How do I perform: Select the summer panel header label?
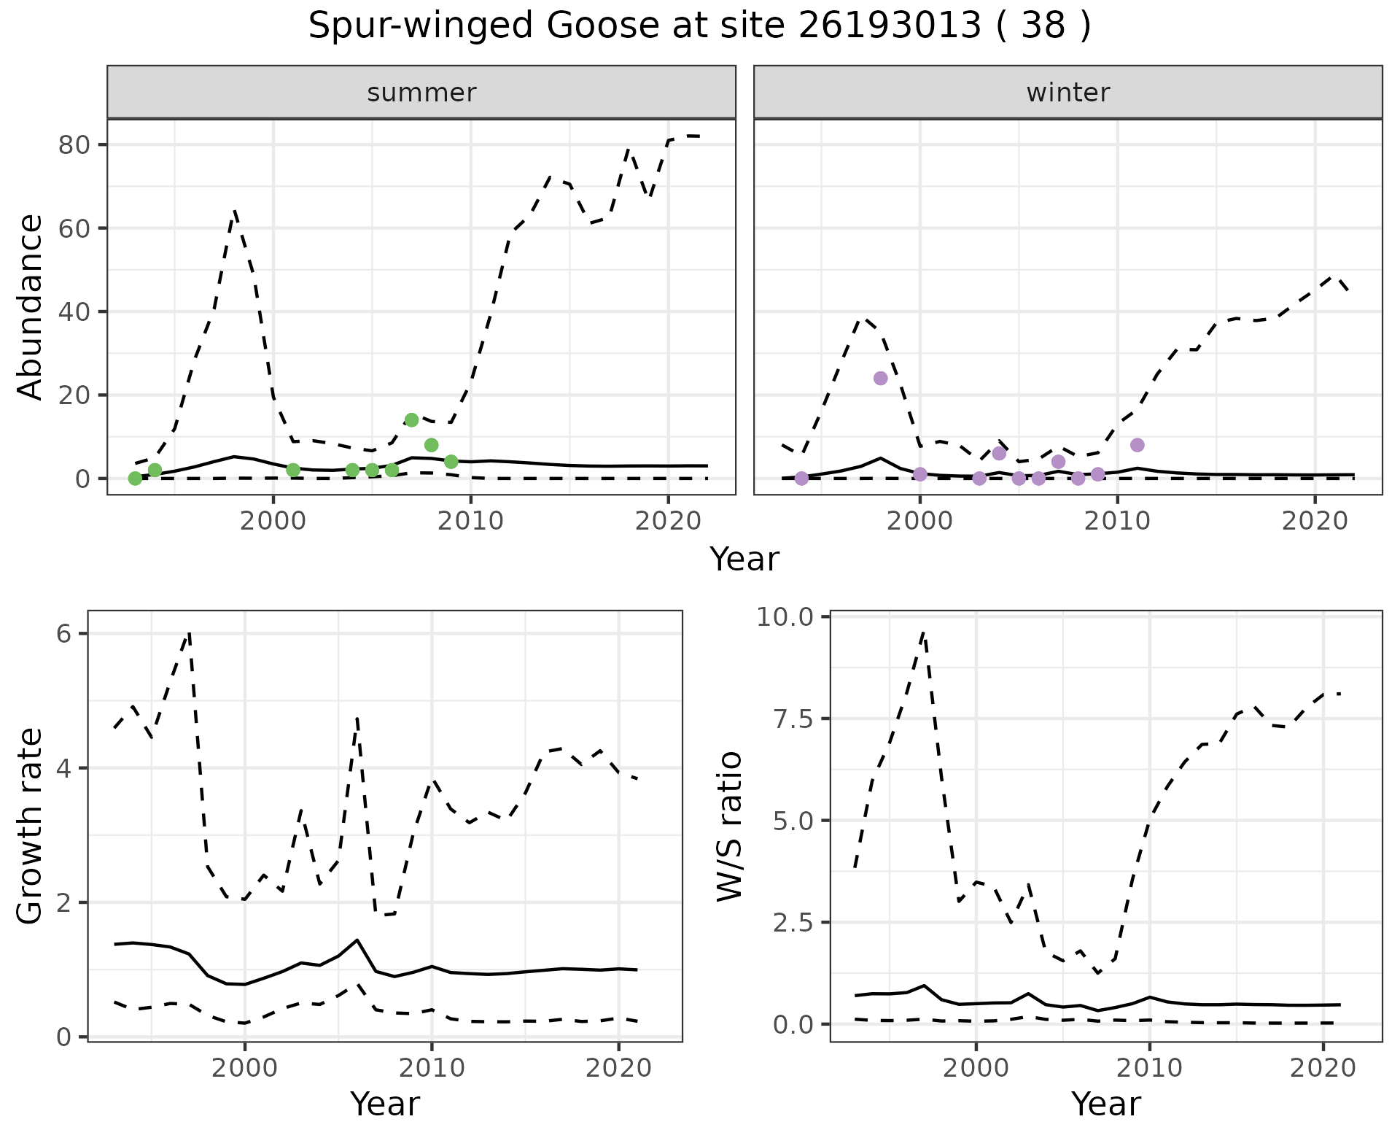421,93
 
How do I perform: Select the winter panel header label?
1067,93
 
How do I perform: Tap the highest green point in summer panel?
411,419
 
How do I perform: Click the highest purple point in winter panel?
880,378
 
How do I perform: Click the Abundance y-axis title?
30,306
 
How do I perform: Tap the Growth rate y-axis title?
30,826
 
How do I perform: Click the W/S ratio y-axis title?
729,826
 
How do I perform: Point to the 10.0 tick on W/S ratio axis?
787,617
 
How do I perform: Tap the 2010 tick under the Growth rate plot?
432,1069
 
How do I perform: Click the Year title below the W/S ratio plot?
1105,1104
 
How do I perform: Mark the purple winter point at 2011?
1137,445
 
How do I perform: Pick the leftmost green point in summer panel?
135,478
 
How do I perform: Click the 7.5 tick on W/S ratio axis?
793,719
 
